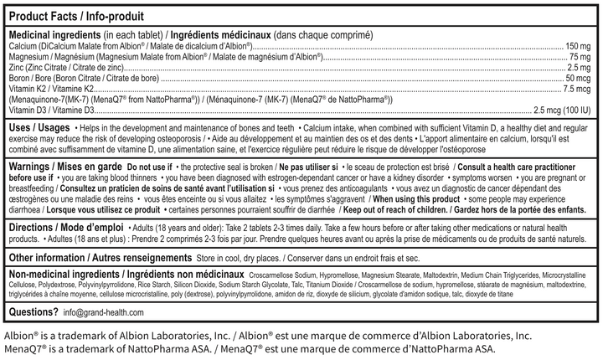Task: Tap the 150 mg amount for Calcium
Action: pos(579,45)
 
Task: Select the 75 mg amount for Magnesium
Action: pos(581,56)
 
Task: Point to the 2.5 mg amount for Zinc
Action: pos(580,67)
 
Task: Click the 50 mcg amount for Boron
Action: pos(578,78)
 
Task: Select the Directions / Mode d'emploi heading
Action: pos(64,228)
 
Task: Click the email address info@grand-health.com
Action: pos(104,313)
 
